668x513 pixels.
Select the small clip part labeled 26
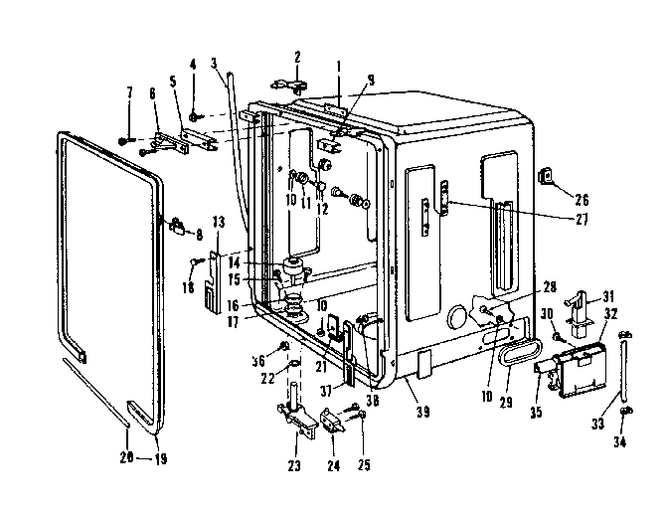click(546, 177)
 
